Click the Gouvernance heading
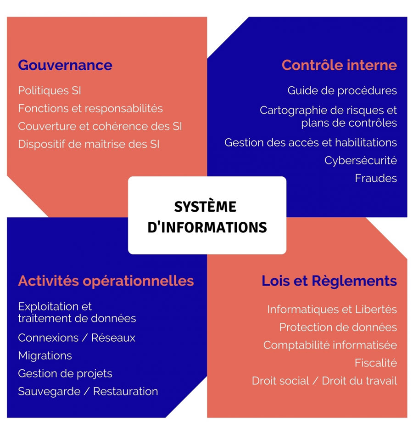click(65, 65)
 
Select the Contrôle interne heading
click(339, 65)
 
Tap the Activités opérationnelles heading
click(106, 281)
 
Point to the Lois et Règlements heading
click(329, 281)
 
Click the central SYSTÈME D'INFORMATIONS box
click(207, 215)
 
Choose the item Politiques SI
click(50, 90)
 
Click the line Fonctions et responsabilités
click(90, 108)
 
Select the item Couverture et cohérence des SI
click(100, 126)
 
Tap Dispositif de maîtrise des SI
click(89, 144)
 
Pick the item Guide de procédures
click(342, 90)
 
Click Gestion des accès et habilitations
click(311, 142)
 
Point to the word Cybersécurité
click(361, 160)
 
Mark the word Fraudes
click(376, 178)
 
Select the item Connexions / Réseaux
click(77, 338)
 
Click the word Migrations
click(45, 355)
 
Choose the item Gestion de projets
click(65, 374)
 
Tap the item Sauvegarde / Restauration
click(88, 391)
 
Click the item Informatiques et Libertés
click(332, 310)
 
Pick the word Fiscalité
click(376, 363)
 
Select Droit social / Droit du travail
click(324, 381)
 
